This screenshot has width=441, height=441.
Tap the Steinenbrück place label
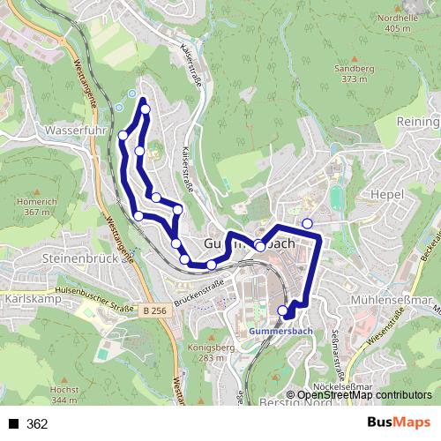tap(78, 259)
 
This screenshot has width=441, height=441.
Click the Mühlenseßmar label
tap(397, 300)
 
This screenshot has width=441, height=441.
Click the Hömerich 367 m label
tap(36, 206)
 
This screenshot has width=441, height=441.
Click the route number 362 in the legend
tap(37, 424)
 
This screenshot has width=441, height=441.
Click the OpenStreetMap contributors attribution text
tap(363, 396)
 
